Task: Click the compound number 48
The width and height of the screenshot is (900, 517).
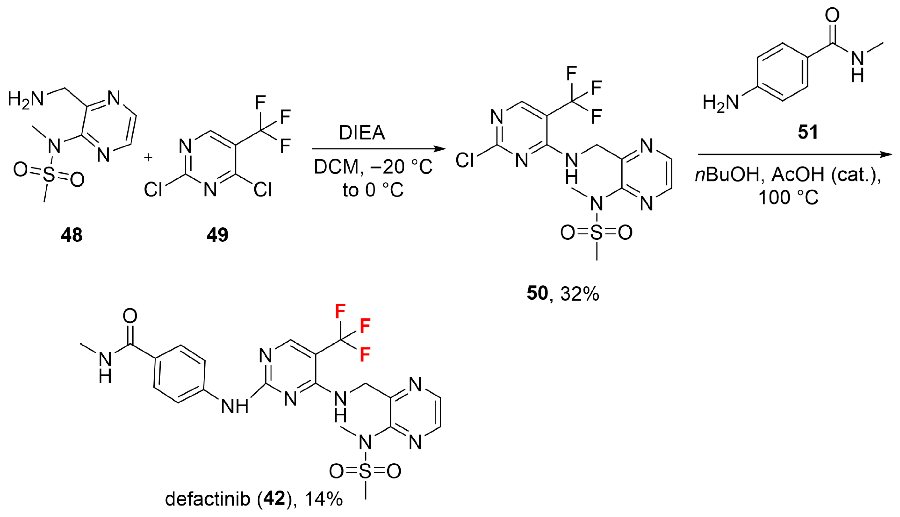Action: click(71, 235)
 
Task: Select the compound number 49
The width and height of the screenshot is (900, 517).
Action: click(217, 235)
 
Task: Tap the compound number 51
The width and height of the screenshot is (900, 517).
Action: click(807, 132)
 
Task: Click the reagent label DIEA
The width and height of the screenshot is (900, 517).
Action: click(362, 133)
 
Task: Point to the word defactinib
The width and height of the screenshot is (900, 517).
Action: click(207, 499)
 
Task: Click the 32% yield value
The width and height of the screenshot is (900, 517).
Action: click(580, 294)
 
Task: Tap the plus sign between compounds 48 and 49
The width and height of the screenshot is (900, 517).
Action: click(148, 157)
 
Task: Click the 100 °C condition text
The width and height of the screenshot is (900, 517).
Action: click(788, 197)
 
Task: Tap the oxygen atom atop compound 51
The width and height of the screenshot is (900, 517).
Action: click(832, 15)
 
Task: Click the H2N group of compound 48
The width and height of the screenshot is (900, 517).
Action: click(26, 99)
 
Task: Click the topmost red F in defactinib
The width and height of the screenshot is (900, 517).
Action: click(340, 311)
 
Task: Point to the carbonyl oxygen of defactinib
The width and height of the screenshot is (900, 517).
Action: click(130, 316)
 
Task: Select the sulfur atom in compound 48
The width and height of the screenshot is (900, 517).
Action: click(49, 175)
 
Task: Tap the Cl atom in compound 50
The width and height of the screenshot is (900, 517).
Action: click(465, 160)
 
